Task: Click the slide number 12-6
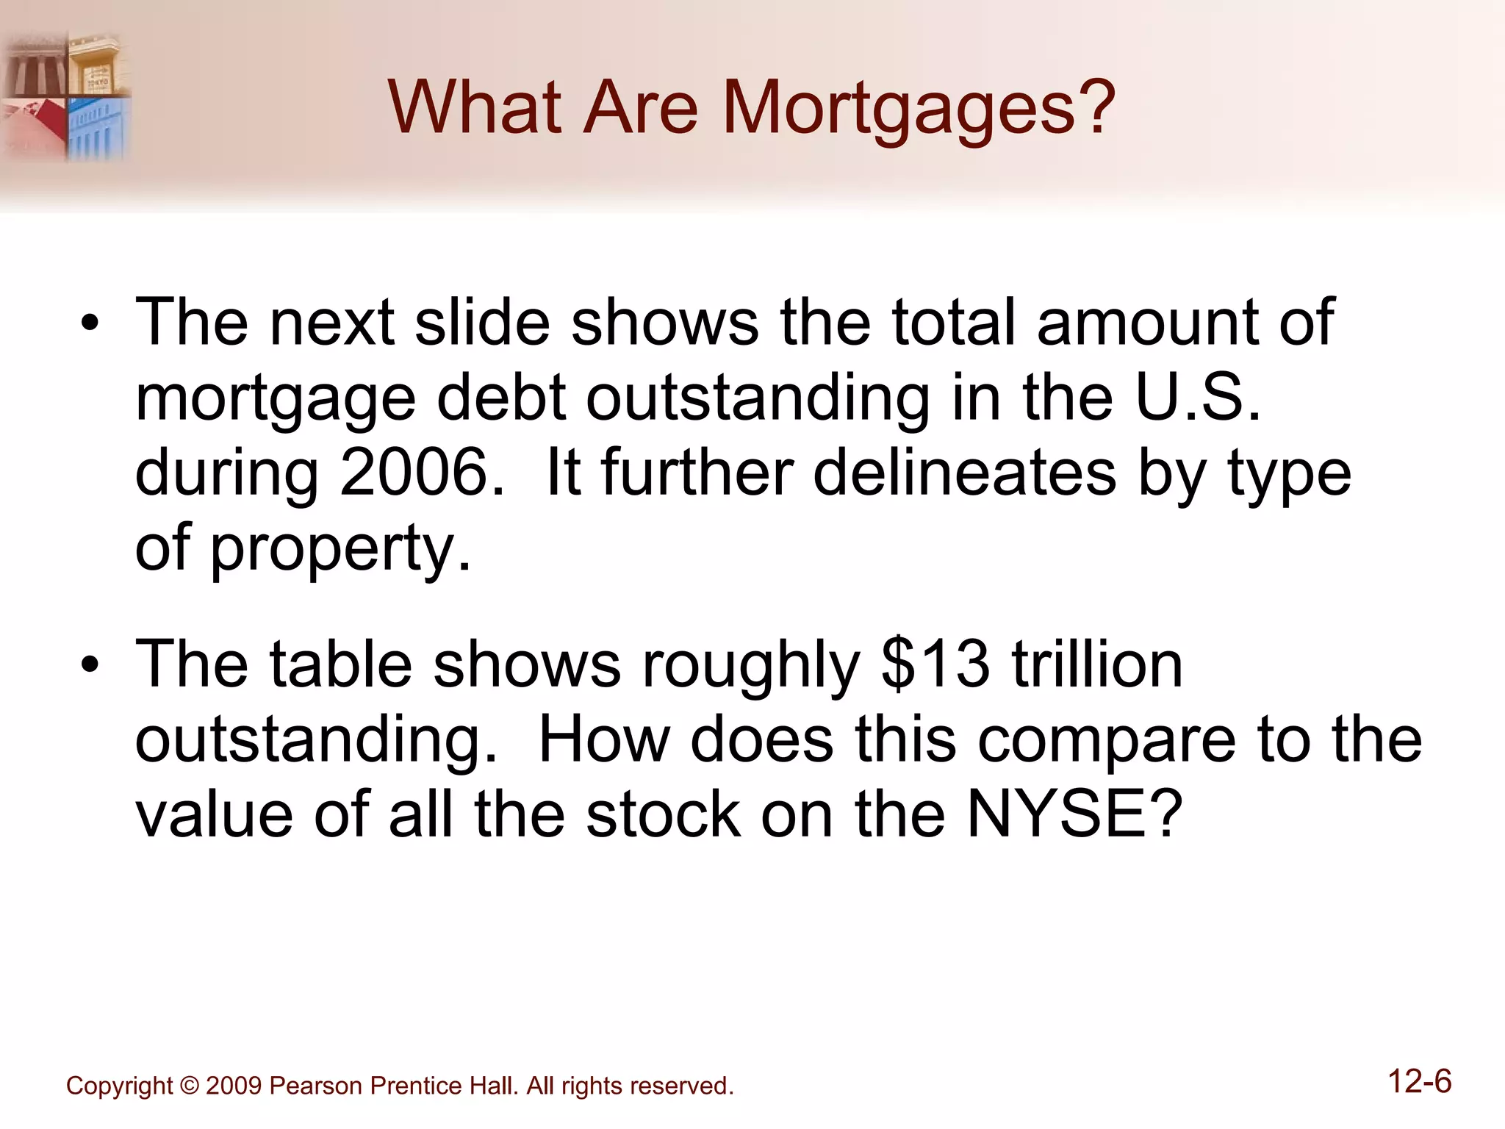click(x=1420, y=1082)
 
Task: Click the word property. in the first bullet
click(x=340, y=550)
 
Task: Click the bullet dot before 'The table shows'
click(x=90, y=665)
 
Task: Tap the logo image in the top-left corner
click(x=66, y=96)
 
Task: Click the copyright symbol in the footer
click(x=190, y=1086)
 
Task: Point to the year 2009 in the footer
click(x=234, y=1086)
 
